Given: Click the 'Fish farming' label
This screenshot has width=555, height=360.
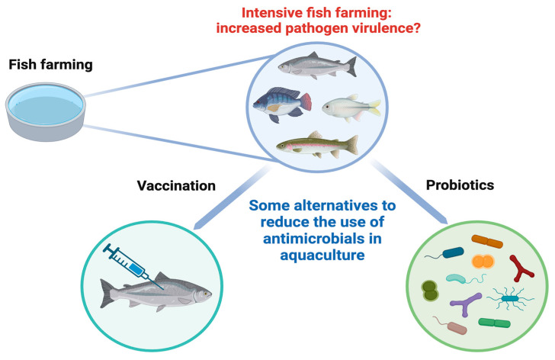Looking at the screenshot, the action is pyautogui.click(x=50, y=65).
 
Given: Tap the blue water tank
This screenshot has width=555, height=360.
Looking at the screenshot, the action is pyautogui.click(x=45, y=111).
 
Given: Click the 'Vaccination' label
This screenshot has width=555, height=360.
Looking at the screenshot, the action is pyautogui.click(x=176, y=185).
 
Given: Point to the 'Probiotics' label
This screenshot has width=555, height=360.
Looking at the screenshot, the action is pyautogui.click(x=460, y=185).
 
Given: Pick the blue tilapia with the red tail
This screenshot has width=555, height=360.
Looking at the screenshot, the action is pyautogui.click(x=282, y=104).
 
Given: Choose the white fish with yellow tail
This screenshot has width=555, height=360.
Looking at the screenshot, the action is pyautogui.click(x=351, y=108).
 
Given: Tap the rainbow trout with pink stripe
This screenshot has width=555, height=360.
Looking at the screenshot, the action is pyautogui.click(x=317, y=145).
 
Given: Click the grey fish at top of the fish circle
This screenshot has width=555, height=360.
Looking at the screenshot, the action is pyautogui.click(x=317, y=65).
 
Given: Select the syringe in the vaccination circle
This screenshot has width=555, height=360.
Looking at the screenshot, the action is pyautogui.click(x=133, y=266).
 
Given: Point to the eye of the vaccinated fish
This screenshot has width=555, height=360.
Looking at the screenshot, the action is pyautogui.click(x=204, y=294).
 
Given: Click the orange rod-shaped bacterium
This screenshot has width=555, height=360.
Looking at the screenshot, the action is pyautogui.click(x=487, y=242).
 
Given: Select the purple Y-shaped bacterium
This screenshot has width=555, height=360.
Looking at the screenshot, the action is pyautogui.click(x=466, y=304).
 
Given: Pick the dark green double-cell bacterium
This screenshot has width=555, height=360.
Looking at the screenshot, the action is pyautogui.click(x=430, y=291).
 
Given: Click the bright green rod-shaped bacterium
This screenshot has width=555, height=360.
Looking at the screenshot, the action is pyautogui.click(x=495, y=323).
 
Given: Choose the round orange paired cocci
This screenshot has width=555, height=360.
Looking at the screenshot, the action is pyautogui.click(x=483, y=262).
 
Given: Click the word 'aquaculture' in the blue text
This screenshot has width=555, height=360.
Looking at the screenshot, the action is pyautogui.click(x=322, y=255).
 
